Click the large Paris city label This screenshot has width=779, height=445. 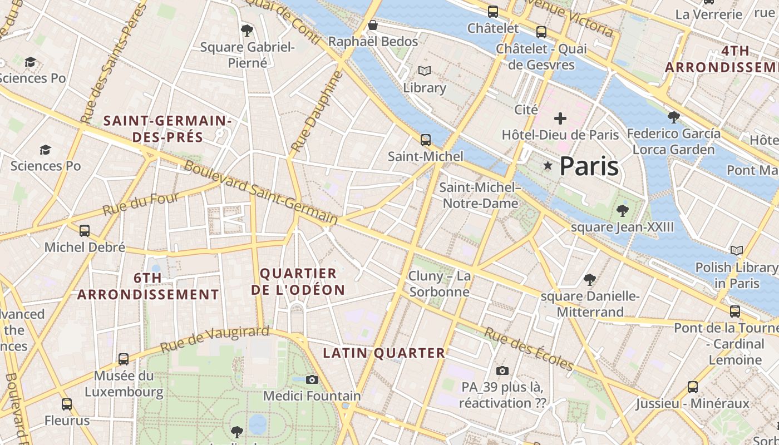coord(589,166)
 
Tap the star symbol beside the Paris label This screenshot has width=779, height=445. coord(548,166)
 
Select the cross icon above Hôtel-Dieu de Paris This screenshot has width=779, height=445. coord(560,118)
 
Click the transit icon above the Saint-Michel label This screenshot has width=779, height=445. coord(426,140)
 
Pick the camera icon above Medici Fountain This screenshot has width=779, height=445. coord(312,379)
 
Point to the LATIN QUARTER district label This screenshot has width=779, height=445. coord(384,353)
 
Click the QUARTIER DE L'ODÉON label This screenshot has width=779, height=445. coord(298,281)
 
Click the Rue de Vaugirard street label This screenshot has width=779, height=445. coord(215,339)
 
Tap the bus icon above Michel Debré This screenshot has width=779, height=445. coord(85,230)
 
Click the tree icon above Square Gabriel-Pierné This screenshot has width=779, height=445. coord(247,31)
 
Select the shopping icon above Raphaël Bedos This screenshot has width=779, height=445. coord(373,26)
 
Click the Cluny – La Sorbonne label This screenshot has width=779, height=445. coord(439,284)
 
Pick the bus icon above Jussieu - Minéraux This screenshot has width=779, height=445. coord(693,387)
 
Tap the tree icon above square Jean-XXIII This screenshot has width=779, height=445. coord(622,211)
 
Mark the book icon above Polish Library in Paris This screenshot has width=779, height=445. coord(737,251)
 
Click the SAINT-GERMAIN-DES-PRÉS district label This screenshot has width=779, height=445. coord(167,128)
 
